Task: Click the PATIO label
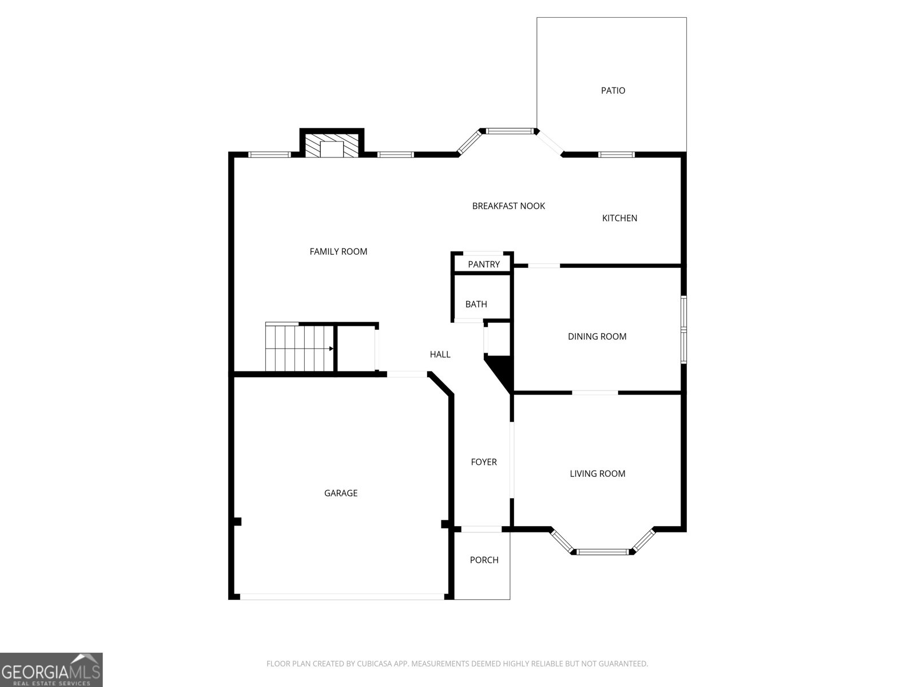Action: coord(612,90)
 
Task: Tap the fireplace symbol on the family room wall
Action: coord(332,145)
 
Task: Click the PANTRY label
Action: coord(484,264)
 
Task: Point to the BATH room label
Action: coord(476,304)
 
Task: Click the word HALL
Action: coord(440,354)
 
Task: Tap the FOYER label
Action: coord(484,462)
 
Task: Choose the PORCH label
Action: coord(484,560)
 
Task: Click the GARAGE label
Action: coord(341,493)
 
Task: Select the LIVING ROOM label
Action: coord(597,473)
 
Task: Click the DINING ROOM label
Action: coord(596,337)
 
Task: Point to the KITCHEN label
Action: coord(619,218)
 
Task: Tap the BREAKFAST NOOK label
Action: coord(508,206)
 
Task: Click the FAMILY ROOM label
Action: coord(338,251)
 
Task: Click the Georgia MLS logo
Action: coord(51,670)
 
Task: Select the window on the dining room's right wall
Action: coord(683,330)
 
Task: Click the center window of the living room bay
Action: coord(602,552)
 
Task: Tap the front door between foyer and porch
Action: coord(482,529)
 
